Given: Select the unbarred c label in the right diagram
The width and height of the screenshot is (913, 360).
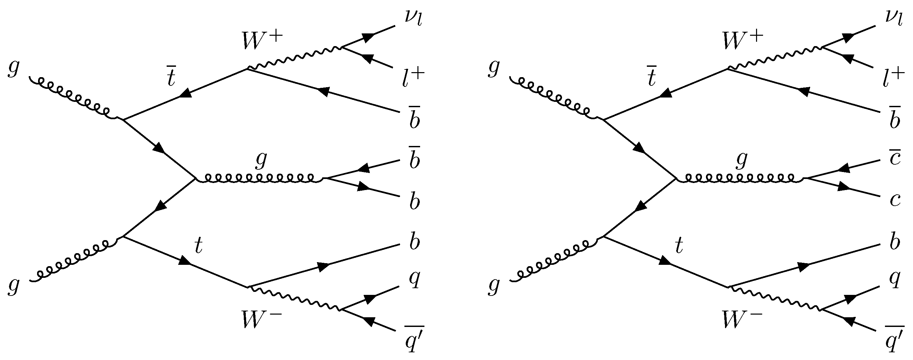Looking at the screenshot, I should pyautogui.click(x=895, y=200).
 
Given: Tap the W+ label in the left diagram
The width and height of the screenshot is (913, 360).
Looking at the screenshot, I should pyautogui.click(x=262, y=42).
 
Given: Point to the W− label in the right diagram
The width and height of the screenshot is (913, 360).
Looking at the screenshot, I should pyautogui.click(x=742, y=319).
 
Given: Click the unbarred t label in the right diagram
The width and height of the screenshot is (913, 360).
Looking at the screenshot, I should pyautogui.click(x=679, y=246).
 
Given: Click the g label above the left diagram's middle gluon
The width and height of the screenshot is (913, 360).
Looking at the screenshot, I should pyautogui.click(x=261, y=160).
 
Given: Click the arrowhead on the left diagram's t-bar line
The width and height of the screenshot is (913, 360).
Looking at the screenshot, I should pyautogui.click(x=187, y=93).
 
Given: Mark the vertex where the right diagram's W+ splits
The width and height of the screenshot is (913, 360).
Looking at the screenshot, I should pyautogui.click(x=822, y=47).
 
